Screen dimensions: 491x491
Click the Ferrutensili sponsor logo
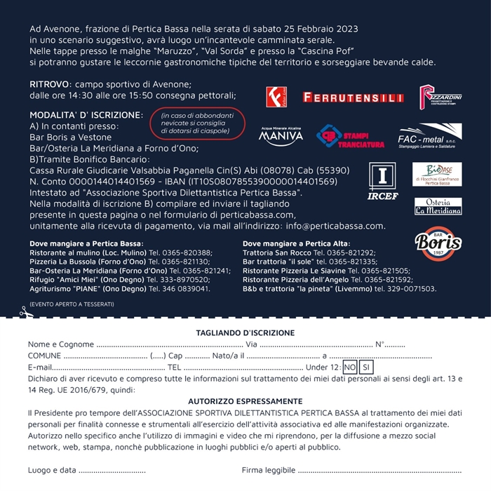[x=343, y=97]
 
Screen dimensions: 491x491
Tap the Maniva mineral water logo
[x=281, y=135]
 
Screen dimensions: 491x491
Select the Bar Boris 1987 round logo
[x=438, y=243]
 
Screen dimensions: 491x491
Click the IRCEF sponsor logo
[x=382, y=181]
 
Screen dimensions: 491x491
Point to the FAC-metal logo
[x=429, y=136]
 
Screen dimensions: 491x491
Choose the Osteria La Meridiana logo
[x=438, y=206]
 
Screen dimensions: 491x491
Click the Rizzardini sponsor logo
[x=440, y=97]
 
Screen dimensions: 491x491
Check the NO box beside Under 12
[x=350, y=367]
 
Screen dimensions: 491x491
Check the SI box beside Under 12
[x=366, y=367]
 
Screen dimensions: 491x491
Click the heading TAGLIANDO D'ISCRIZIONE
[x=245, y=332]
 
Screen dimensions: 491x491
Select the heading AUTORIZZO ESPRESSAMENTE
[x=245, y=401]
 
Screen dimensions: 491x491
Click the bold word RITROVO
[x=49, y=84]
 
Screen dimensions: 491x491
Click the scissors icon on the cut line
[x=23, y=314]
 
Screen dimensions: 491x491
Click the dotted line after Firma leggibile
[x=379, y=471]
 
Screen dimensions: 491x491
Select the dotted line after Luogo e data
[x=112, y=471]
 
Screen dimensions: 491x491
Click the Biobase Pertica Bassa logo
[x=437, y=174]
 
